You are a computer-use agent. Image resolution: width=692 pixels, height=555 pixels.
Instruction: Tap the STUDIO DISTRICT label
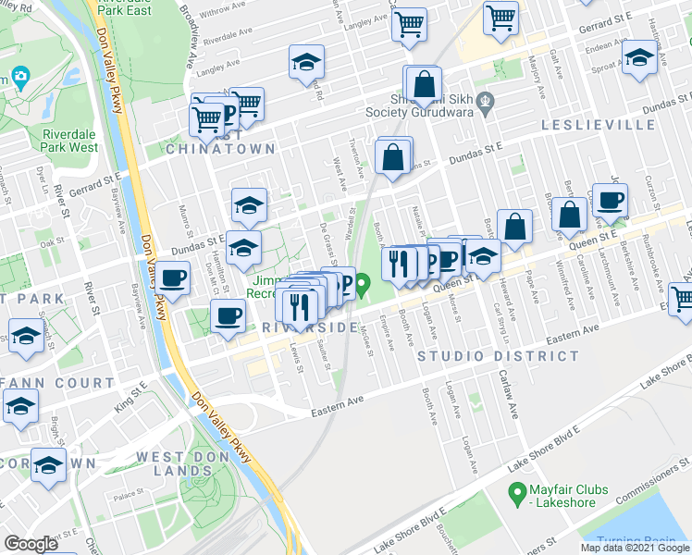(499, 356)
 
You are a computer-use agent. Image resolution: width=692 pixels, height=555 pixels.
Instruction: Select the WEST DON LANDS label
(187, 463)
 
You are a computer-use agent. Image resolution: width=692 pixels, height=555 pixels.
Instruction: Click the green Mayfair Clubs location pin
(518, 491)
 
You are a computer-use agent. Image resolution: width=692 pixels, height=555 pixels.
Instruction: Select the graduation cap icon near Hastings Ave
(640, 56)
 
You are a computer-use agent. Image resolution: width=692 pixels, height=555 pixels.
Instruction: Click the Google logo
(31, 543)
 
